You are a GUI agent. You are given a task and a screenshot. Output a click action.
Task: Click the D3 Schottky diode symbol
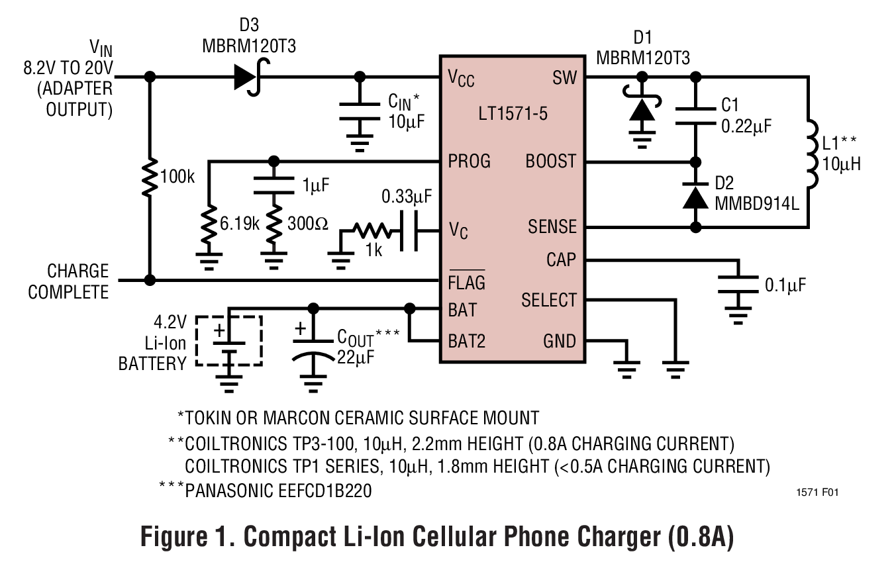[246, 77]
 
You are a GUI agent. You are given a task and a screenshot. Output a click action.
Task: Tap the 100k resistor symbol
[150, 177]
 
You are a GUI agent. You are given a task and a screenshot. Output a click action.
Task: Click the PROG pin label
[470, 161]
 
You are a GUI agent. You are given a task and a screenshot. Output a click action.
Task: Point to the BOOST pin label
[550, 161]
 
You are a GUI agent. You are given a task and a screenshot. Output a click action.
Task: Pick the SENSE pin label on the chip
[552, 227]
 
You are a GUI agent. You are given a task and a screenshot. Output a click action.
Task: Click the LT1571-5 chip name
[513, 113]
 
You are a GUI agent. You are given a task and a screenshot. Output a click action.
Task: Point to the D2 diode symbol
[695, 196]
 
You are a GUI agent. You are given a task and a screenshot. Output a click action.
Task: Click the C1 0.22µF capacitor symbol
[695, 115]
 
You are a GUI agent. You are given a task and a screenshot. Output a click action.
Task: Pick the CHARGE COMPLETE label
[69, 282]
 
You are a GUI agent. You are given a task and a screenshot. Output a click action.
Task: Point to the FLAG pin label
[466, 282]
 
